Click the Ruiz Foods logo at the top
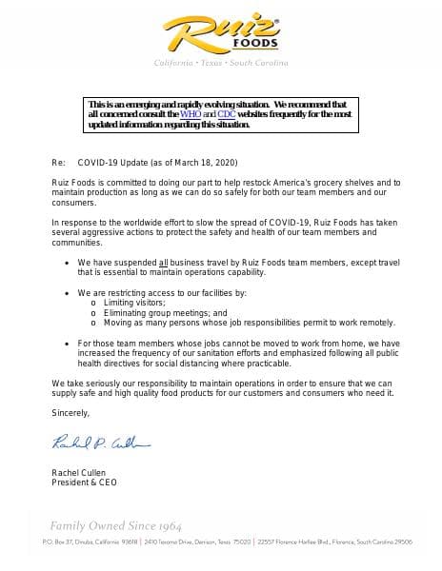click(x=221, y=32)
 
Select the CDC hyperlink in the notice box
click(x=226, y=113)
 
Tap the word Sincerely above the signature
click(x=70, y=412)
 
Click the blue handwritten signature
click(x=100, y=443)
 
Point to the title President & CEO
click(x=84, y=482)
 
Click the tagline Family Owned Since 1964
click(x=115, y=525)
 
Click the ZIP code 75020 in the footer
click(x=241, y=541)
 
